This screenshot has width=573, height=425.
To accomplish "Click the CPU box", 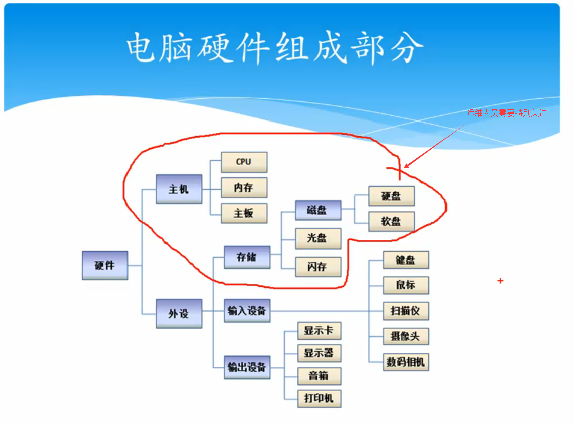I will (244, 162).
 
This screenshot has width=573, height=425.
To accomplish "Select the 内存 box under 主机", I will (244, 188).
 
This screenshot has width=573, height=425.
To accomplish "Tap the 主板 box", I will (244, 213).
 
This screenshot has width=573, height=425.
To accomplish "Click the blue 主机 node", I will (179, 189).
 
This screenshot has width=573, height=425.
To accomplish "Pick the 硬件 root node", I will (105, 265).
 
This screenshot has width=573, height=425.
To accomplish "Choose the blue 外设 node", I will (179, 314).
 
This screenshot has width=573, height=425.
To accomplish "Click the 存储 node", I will (246, 257).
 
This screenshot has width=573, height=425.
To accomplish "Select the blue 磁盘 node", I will (317, 210).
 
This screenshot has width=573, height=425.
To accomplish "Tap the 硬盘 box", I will (391, 196).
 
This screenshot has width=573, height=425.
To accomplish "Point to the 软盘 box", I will (391, 221).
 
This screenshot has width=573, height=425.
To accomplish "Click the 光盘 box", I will (317, 238).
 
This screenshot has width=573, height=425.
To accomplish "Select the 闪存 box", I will (317, 267).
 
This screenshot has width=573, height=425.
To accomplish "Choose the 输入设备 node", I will (246, 311).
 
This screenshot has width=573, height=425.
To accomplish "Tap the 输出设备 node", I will (246, 367).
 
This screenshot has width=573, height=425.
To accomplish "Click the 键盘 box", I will (406, 260).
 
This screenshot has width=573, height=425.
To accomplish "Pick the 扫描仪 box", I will (406, 311).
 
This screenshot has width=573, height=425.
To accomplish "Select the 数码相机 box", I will (406, 361).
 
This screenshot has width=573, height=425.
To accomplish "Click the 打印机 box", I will (319, 398).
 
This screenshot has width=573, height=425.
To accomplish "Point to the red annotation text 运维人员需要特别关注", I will (506, 113).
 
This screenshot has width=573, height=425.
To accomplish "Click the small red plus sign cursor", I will (500, 281).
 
